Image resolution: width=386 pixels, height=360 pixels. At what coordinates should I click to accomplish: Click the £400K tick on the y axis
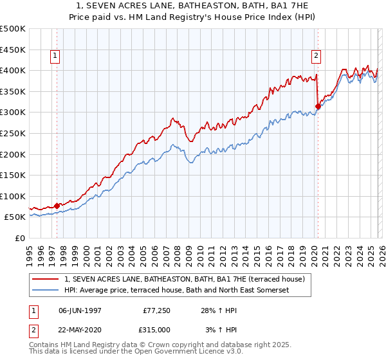pos(13,70)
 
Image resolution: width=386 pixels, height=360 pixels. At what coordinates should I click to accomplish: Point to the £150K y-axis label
pos(13,175)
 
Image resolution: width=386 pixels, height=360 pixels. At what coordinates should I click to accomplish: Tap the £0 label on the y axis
pos(21,238)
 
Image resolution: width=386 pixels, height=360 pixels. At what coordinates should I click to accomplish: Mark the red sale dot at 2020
pos(318,106)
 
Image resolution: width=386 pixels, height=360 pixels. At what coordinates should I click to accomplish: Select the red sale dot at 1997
pos(57,206)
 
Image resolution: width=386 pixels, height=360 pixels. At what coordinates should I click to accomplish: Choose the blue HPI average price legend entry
pos(177,291)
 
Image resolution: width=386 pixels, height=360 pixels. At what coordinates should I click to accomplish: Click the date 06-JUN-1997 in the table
pos(80,310)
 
